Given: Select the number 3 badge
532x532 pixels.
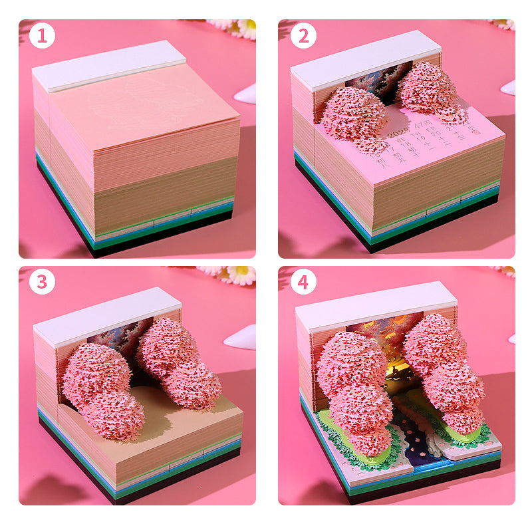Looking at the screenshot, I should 42,282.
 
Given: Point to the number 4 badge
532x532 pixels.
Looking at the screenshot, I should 303,282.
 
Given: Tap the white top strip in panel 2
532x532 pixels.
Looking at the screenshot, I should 366,58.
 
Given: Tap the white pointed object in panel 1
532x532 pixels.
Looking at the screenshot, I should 247,93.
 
